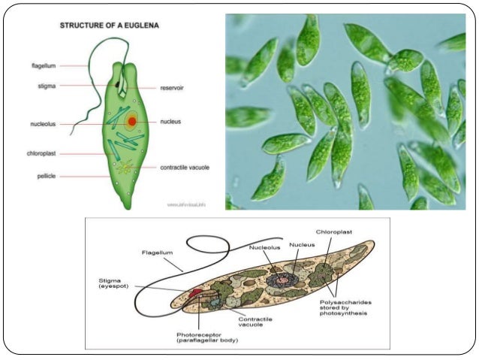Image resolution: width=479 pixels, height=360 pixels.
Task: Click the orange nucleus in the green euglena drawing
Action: coord(131,120)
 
